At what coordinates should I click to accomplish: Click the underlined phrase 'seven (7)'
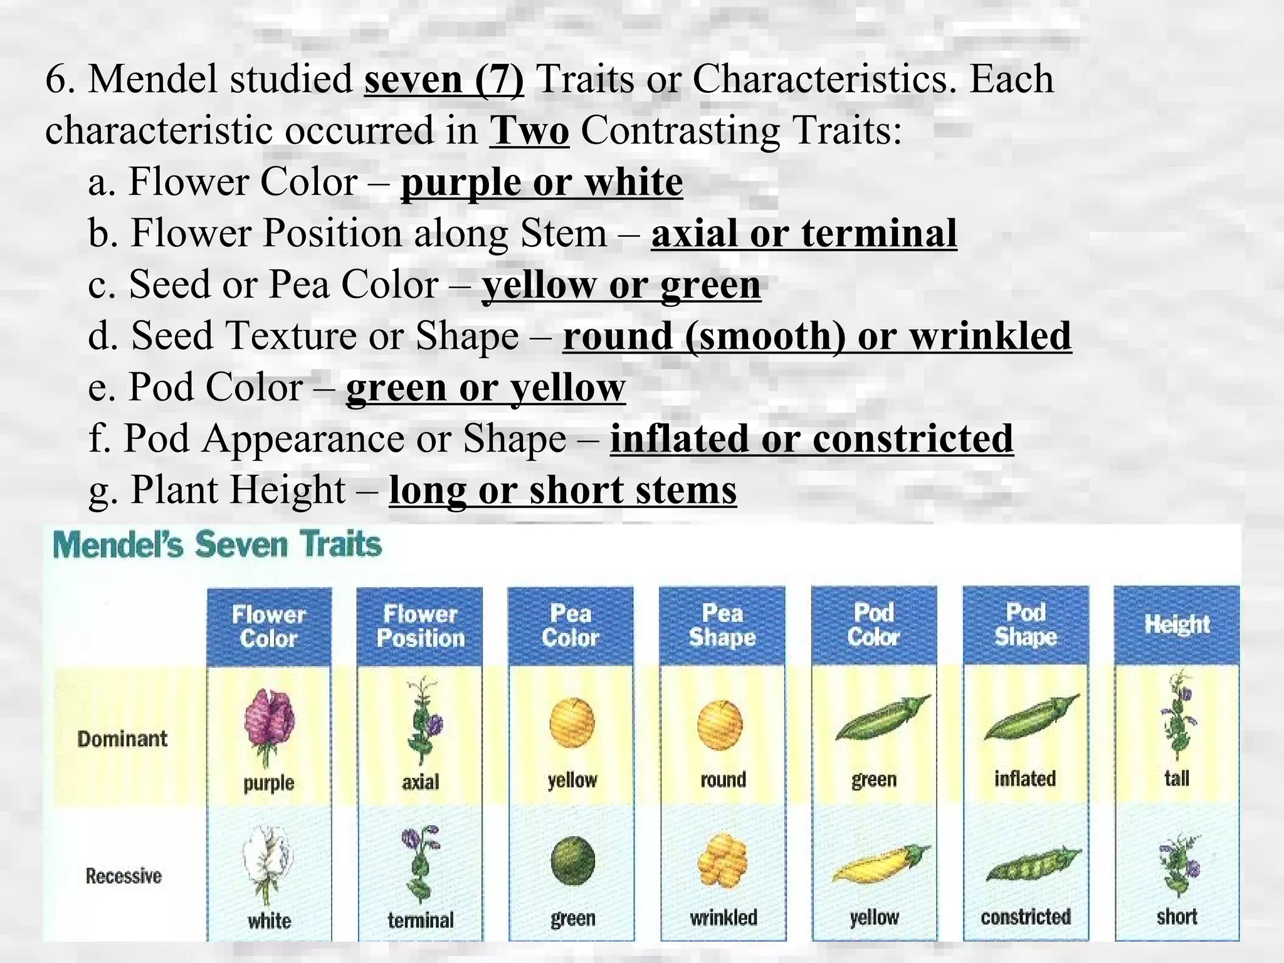point(444,80)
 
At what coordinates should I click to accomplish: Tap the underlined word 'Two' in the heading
point(530,132)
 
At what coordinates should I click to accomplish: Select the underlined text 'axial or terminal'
point(804,234)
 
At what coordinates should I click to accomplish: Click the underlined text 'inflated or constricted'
point(811,438)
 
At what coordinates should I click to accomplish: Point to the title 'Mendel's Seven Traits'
point(217,544)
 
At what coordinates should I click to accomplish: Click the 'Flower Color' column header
point(268,626)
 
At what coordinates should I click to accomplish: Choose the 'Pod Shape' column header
point(1026,624)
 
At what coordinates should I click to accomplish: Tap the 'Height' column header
point(1177,624)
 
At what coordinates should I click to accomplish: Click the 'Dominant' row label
point(122,739)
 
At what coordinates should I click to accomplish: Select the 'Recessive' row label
point(124,876)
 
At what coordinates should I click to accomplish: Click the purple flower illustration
point(269,724)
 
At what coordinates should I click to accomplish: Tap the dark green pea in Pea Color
point(572,861)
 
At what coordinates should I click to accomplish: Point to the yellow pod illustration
point(880,863)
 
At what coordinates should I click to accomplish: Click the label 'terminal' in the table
point(421,920)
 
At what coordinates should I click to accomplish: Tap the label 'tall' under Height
point(1177,778)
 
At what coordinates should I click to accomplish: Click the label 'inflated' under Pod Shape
point(1025,779)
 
